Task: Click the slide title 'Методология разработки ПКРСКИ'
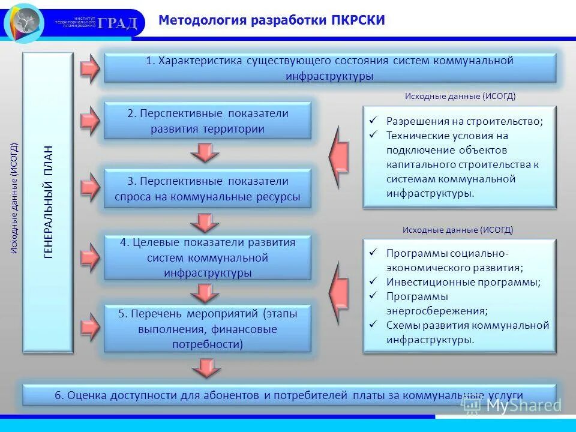coord(271,21)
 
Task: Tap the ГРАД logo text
coord(118,23)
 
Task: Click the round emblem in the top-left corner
coord(24,23)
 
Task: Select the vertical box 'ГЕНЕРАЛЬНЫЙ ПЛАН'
coord(48,202)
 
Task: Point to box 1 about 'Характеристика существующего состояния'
coord(330,68)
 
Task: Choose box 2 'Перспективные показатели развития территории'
coord(208,121)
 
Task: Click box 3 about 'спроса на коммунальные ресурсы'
coord(208,188)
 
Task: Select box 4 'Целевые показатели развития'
coord(208,257)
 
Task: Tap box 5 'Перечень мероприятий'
coord(208,328)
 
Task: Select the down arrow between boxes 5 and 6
coord(206,367)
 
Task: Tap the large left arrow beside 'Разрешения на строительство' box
coord(339,158)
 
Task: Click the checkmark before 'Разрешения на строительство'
coord(373,121)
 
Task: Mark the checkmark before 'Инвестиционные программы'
coord(373,281)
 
